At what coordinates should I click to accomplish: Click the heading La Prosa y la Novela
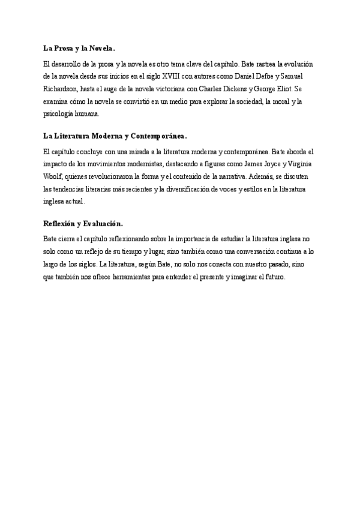coord(79,48)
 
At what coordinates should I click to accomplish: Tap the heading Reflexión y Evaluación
coord(83,224)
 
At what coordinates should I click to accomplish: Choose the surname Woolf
coord(53,177)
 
